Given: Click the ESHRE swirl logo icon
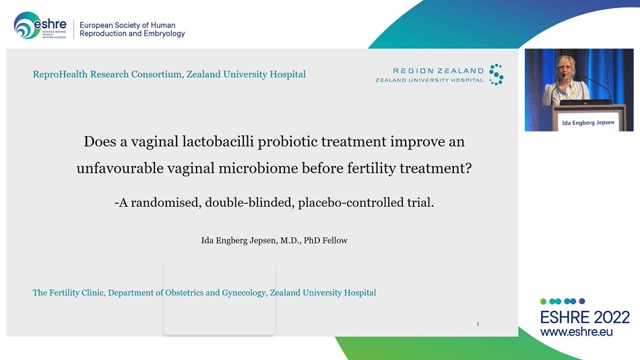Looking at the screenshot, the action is click(x=27, y=26).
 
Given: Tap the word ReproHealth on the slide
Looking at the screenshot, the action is click(x=60, y=74).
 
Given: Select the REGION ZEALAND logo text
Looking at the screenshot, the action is click(x=438, y=71).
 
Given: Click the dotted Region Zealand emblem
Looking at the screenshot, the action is click(x=497, y=74).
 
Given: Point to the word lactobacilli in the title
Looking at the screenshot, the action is click(x=218, y=142).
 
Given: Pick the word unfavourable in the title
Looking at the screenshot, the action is click(x=120, y=168).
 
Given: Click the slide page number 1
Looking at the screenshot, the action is click(x=478, y=324).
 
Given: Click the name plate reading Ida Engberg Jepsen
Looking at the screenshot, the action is click(x=588, y=123).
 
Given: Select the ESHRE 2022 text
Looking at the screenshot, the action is click(x=585, y=318).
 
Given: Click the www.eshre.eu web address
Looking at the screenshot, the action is click(x=576, y=332).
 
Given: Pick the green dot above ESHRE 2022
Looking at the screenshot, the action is click(x=543, y=301).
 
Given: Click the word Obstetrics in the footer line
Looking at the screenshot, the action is click(x=184, y=293).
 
